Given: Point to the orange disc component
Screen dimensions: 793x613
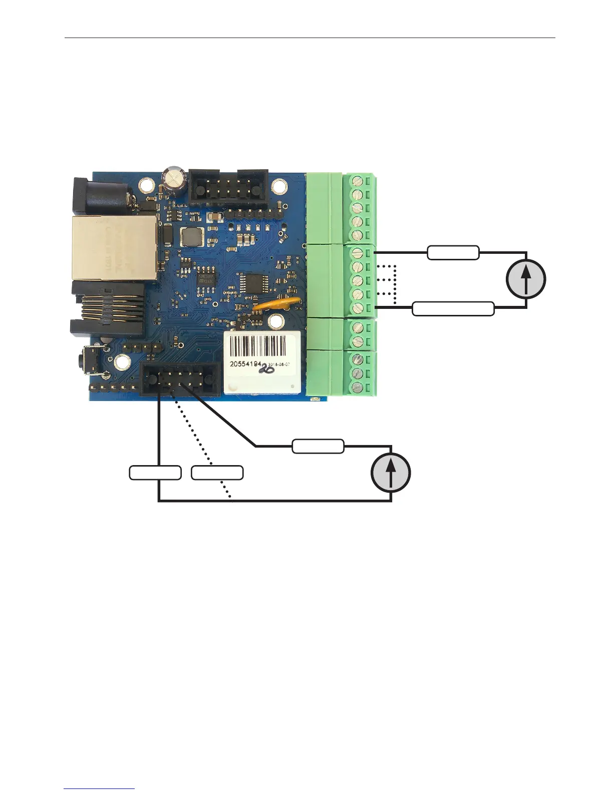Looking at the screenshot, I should pyautogui.click(x=277, y=303).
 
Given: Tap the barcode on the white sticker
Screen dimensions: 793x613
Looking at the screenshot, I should pyautogui.click(x=258, y=345).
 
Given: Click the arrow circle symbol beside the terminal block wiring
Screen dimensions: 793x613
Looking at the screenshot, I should pyautogui.click(x=526, y=279).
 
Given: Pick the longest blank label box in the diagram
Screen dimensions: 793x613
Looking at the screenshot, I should pyautogui.click(x=453, y=309).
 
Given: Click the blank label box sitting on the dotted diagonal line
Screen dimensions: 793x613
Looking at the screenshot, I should pyautogui.click(x=217, y=473).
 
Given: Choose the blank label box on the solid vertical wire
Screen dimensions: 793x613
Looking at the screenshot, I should pyautogui.click(x=155, y=473).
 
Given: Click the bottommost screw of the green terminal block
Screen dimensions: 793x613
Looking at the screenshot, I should pyautogui.click(x=358, y=386).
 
